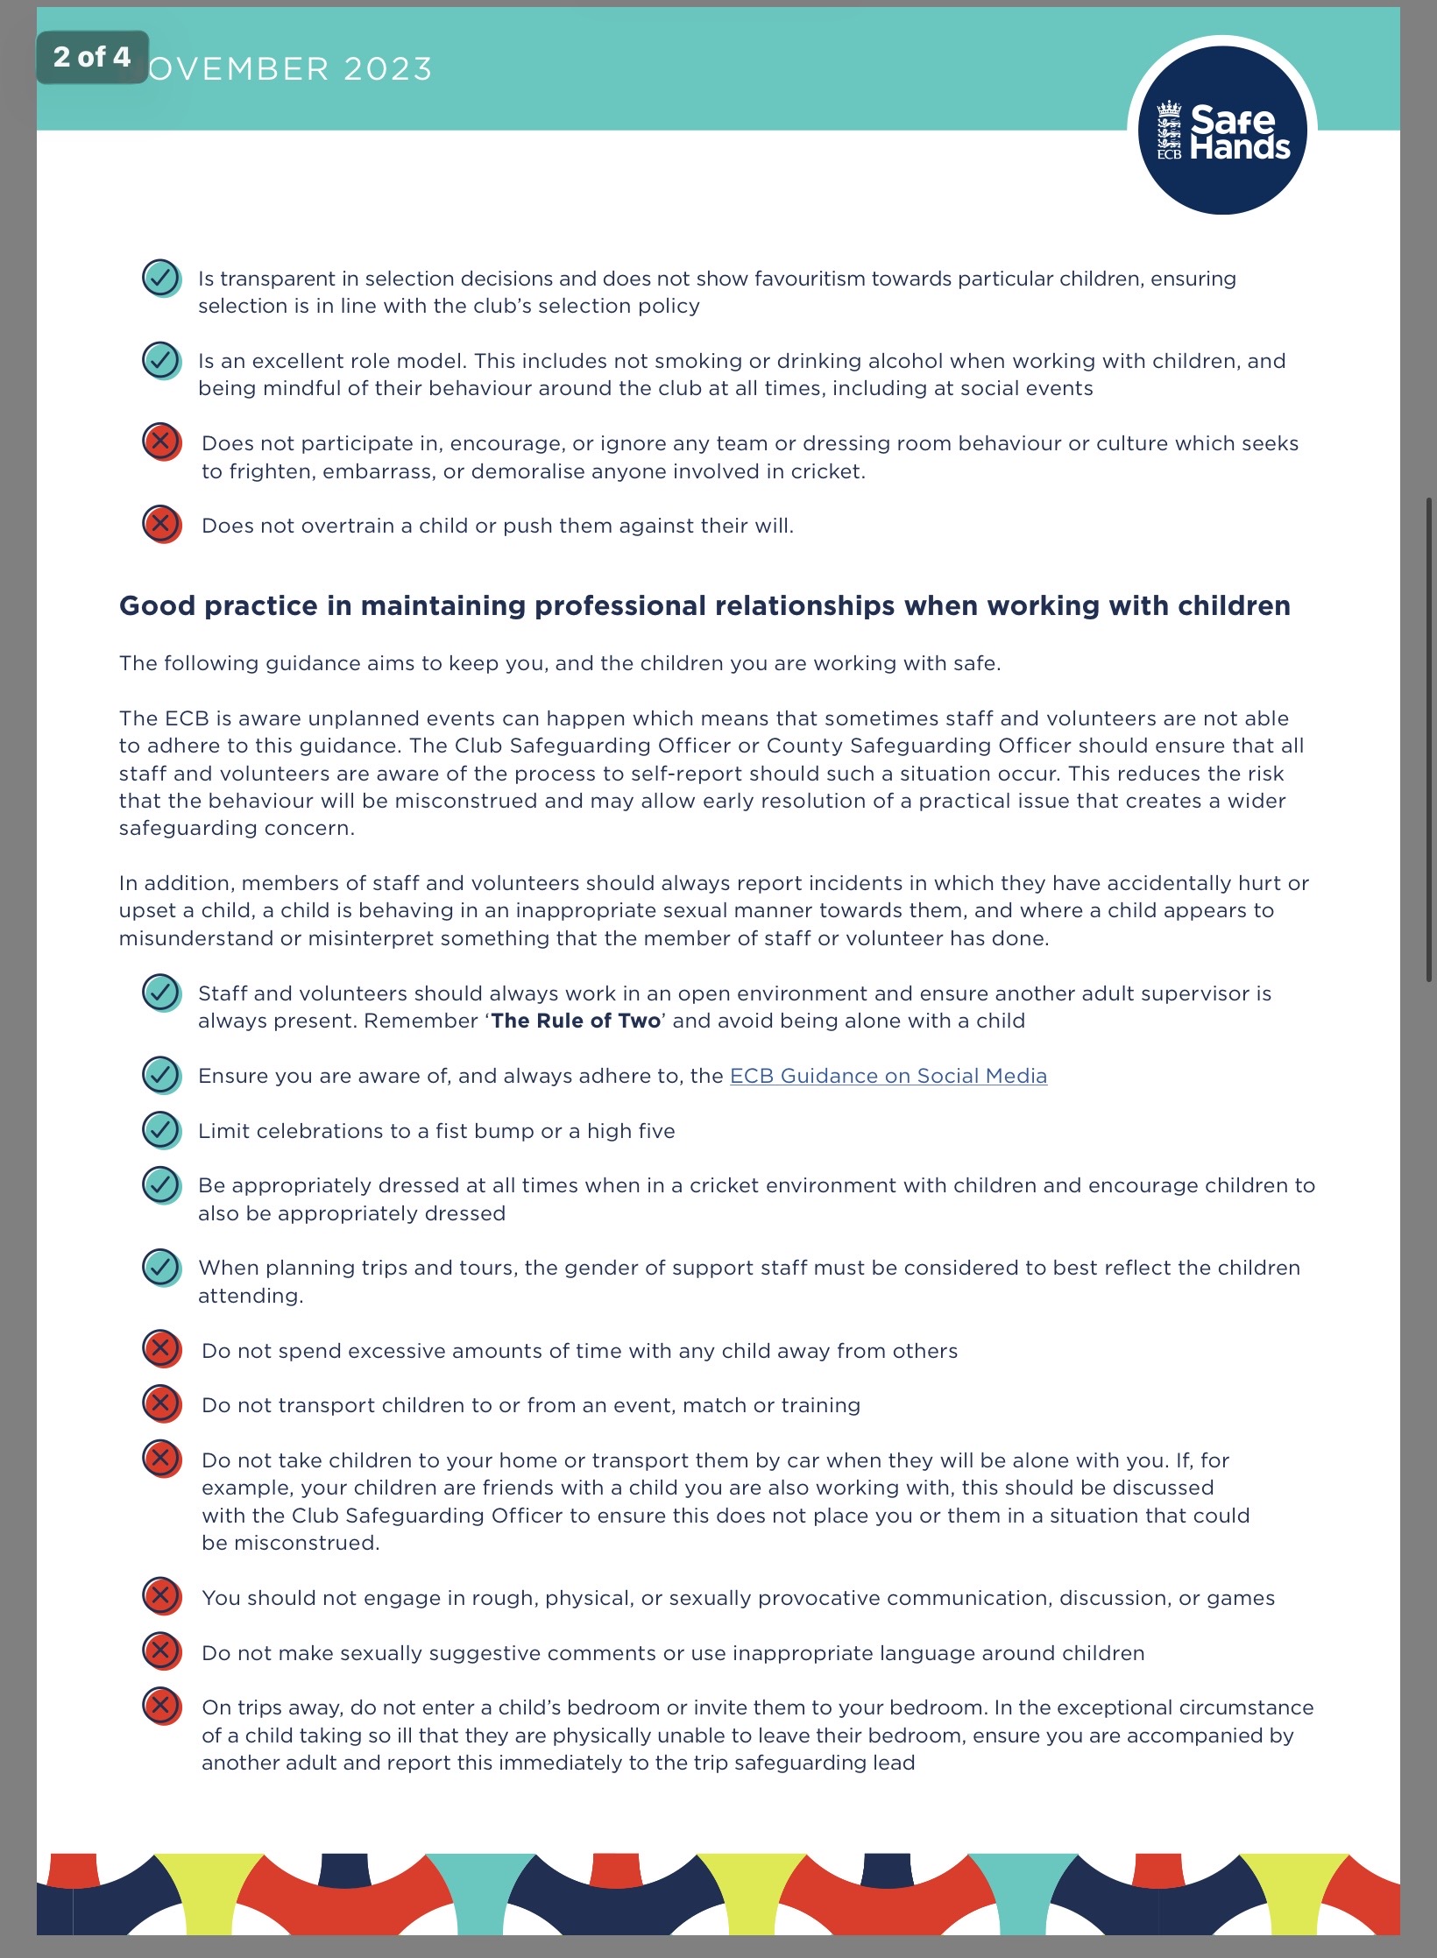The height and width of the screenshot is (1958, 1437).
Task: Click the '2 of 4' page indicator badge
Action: click(92, 57)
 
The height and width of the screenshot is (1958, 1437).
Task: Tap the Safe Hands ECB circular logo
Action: click(1222, 131)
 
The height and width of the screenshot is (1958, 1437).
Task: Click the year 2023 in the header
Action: click(387, 69)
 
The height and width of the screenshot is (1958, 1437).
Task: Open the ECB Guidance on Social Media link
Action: click(888, 1076)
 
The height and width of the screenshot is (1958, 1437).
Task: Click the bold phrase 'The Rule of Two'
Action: click(576, 1021)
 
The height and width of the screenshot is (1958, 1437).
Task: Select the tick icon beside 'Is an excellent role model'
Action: click(161, 360)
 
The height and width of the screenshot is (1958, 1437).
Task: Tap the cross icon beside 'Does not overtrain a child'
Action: click(161, 524)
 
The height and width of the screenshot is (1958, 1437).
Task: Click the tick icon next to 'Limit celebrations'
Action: click(161, 1130)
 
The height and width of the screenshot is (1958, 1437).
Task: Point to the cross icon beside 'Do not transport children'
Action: click(161, 1403)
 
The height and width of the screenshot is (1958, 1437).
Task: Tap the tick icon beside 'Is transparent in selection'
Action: click(161, 278)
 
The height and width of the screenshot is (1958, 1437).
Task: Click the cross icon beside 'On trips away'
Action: click(161, 1706)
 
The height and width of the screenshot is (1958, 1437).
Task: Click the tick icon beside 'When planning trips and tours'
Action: click(161, 1267)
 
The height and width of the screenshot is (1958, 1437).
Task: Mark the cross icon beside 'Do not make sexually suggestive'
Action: click(161, 1651)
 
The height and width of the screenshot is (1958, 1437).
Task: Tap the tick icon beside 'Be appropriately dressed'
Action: click(161, 1184)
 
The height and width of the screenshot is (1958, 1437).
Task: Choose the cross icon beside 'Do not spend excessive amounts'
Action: click(161, 1349)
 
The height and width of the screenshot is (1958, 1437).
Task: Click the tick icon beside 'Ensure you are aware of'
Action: click(161, 1075)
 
